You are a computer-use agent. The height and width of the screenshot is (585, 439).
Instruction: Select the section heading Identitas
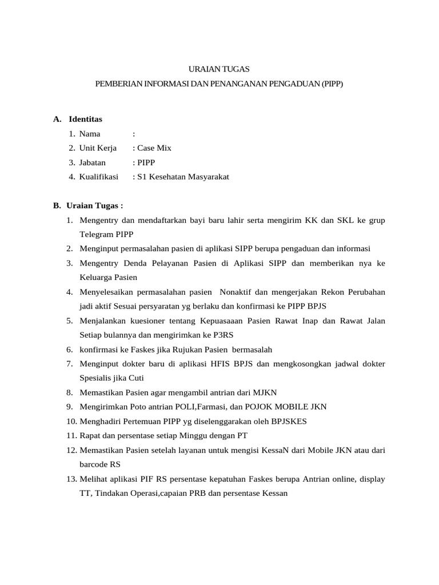pos(85,119)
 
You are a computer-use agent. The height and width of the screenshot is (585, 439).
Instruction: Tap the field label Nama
pos(90,134)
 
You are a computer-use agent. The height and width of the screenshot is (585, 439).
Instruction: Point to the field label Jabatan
pos(93,162)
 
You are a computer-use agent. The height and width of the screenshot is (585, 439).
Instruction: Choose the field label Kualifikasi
pos(98,177)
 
